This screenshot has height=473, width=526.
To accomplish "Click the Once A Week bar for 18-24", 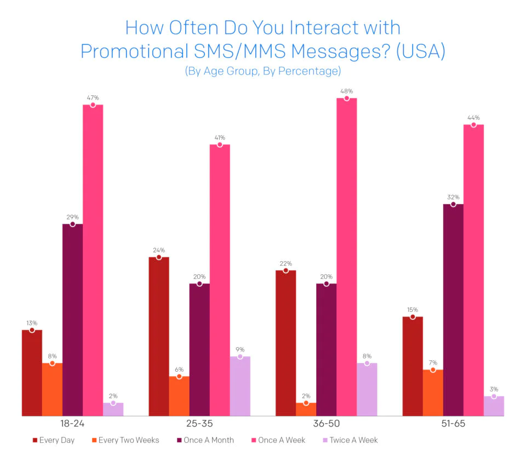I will pyautogui.click(x=93, y=260).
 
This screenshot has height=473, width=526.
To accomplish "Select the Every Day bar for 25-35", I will pyautogui.click(x=158, y=336).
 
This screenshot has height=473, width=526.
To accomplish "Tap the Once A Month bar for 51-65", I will pyautogui.click(x=453, y=310).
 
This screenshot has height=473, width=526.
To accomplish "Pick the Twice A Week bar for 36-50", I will pyautogui.click(x=367, y=389).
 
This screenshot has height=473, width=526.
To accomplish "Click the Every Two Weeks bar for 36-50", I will pyautogui.click(x=306, y=409).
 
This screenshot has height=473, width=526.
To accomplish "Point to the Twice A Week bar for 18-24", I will pyautogui.click(x=113, y=409).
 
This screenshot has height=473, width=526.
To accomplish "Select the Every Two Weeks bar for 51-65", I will pyautogui.click(x=433, y=393).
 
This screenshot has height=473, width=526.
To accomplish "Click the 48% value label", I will pyautogui.click(x=346, y=91).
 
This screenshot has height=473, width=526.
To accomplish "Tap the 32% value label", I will pyautogui.click(x=453, y=197).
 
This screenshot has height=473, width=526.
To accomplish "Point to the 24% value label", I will pyautogui.click(x=158, y=250).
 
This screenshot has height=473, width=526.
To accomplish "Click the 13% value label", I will pyautogui.click(x=32, y=323).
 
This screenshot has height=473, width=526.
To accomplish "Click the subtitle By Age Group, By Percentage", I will pyautogui.click(x=262, y=71).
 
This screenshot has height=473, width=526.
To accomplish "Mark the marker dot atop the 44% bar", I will pyautogui.click(x=473, y=125).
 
